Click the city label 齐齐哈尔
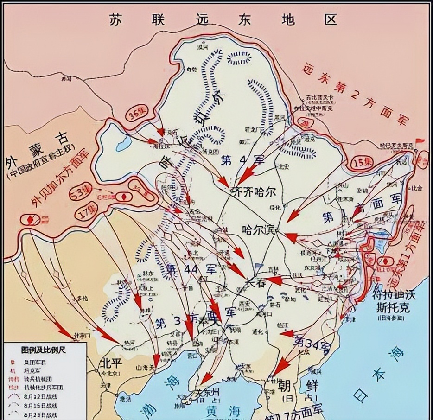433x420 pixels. (253, 191)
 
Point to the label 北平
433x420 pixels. (110, 363)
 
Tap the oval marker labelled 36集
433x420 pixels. (136, 116)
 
